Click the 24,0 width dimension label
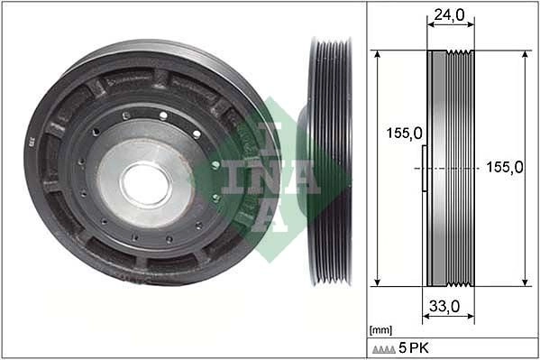tap(449, 14)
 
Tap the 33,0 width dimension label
tap(444, 306)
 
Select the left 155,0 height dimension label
tap(404, 134)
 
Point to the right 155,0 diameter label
tap(505, 167)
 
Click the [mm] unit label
tap(380, 330)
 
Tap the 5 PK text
tap(414, 348)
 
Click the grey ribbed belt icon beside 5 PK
tap(384, 350)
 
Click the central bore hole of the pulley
tap(146, 184)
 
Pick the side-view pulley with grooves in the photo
tap(330, 162)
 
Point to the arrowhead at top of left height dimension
tap(378, 54)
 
